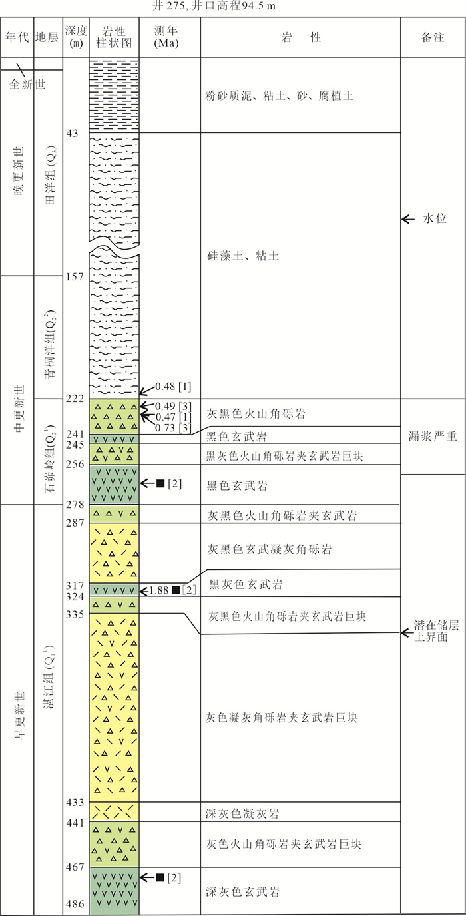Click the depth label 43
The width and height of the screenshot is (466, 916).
click(x=73, y=134)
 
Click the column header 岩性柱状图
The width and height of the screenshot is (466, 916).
click(x=114, y=37)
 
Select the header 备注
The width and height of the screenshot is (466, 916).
click(x=433, y=38)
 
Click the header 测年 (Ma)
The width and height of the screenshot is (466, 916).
click(x=169, y=37)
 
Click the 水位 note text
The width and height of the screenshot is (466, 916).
click(x=437, y=219)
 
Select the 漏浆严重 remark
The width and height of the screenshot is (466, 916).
click(x=433, y=436)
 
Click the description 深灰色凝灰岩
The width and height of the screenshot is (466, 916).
click(x=240, y=813)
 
